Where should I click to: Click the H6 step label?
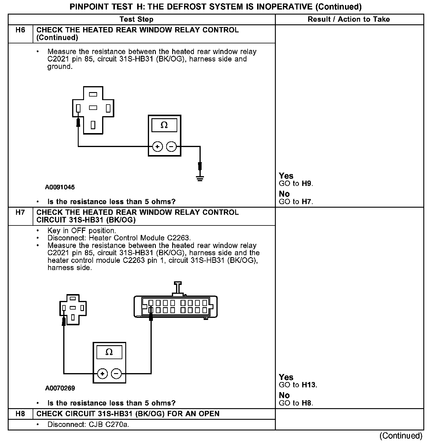coord(20,30)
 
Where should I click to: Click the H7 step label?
coord(20,212)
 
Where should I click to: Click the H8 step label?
coord(20,414)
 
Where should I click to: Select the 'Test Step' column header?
coord(136,19)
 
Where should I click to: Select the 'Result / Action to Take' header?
coord(349,19)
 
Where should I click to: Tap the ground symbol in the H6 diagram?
coord(200,178)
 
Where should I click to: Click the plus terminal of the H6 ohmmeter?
coord(157,146)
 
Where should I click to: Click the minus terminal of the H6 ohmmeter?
coord(171,146)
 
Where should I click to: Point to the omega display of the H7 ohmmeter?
coord(109,352)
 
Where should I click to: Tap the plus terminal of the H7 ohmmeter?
coord(102,373)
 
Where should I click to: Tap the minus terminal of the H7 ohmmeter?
coord(116,373)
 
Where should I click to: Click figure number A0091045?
coord(60,187)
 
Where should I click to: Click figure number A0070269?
coord(60,388)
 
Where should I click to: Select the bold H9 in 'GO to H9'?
coord(307,184)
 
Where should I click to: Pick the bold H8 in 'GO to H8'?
coord(307,403)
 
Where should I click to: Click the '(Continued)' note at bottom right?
coord(401,436)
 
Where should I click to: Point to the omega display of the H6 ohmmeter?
coord(164,125)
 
